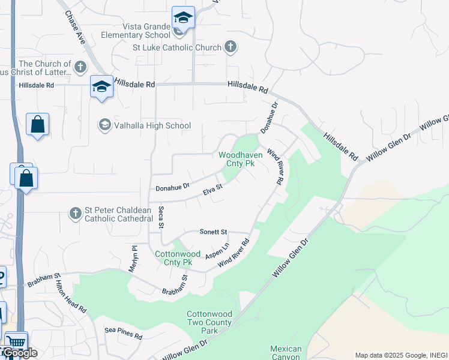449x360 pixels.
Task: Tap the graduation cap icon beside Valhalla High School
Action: click(x=104, y=125)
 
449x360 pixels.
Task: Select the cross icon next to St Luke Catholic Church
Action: click(x=230, y=47)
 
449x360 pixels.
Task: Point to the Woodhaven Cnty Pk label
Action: click(x=237, y=159)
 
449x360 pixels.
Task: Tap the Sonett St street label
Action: click(x=214, y=232)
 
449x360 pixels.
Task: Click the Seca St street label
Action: click(x=160, y=218)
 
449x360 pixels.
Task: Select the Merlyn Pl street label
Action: click(x=134, y=259)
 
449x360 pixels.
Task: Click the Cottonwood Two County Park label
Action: click(x=209, y=322)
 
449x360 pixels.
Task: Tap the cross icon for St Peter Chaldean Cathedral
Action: click(x=75, y=213)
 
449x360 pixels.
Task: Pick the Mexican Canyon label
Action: click(x=286, y=353)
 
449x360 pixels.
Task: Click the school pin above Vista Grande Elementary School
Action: click(x=183, y=17)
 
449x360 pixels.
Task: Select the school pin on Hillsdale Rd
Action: click(x=101, y=86)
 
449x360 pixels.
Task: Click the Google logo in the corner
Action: click(x=19, y=353)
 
